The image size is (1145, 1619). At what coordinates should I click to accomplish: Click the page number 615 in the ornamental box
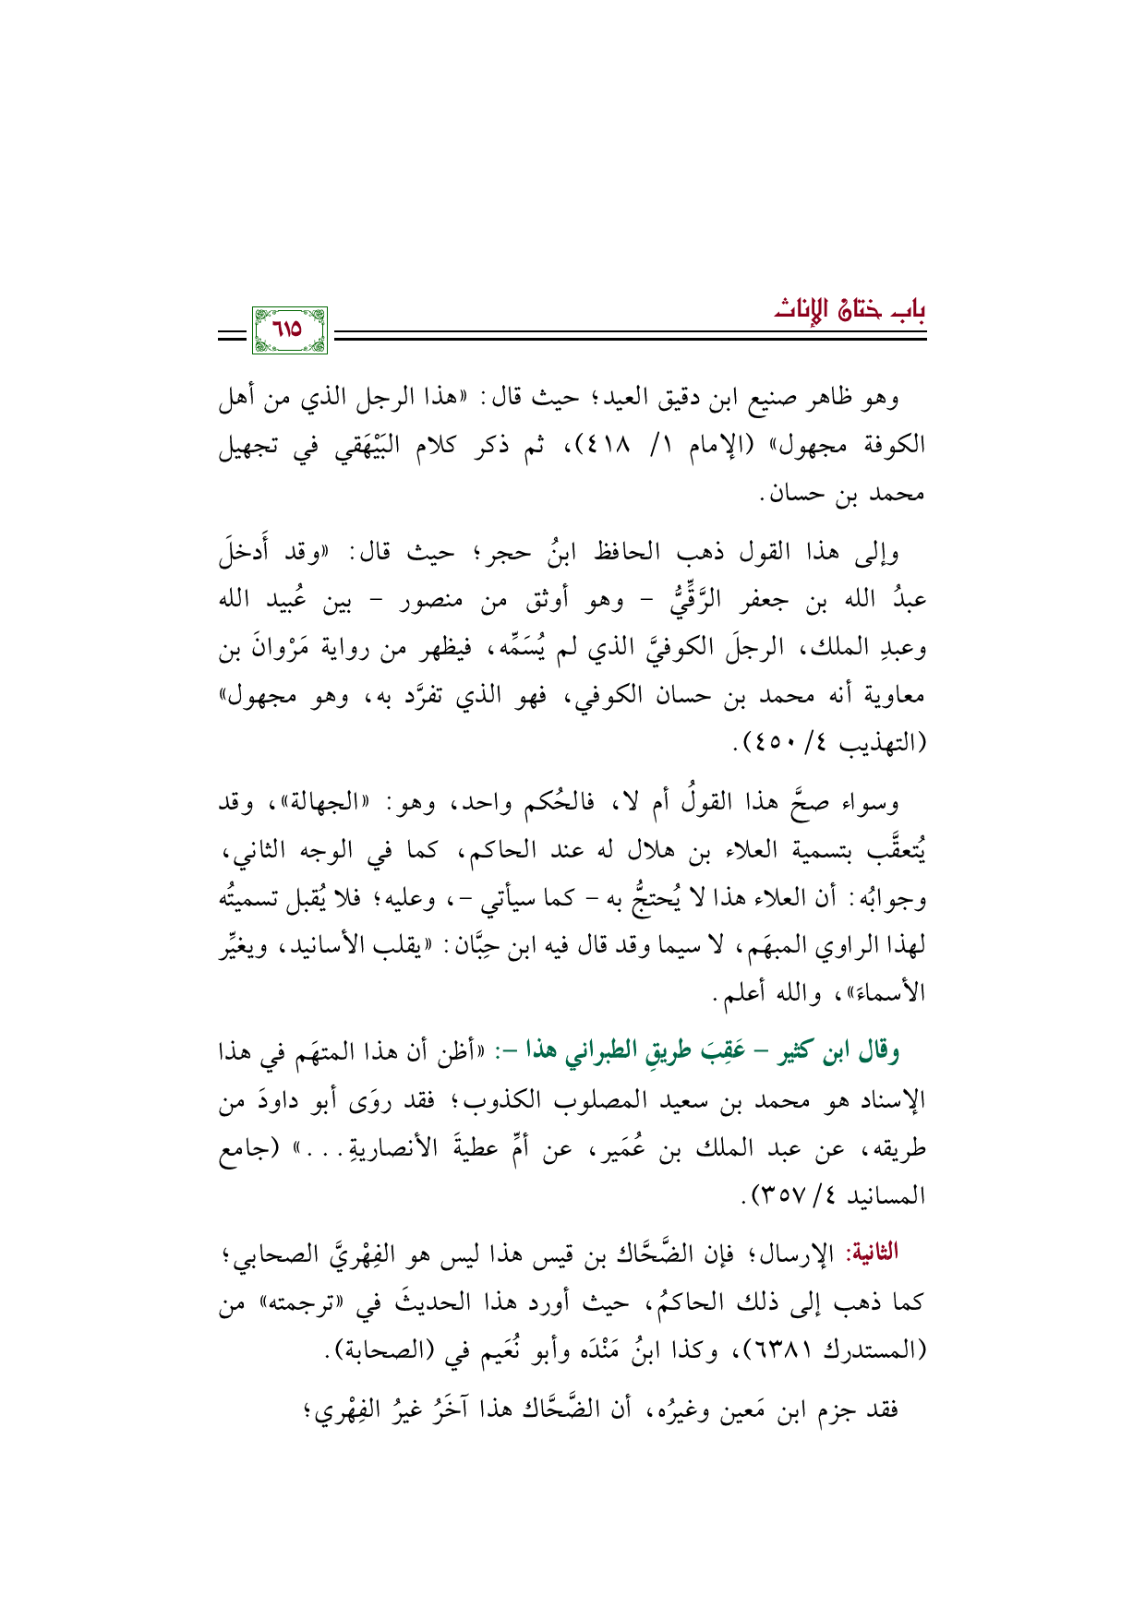(x=289, y=330)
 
